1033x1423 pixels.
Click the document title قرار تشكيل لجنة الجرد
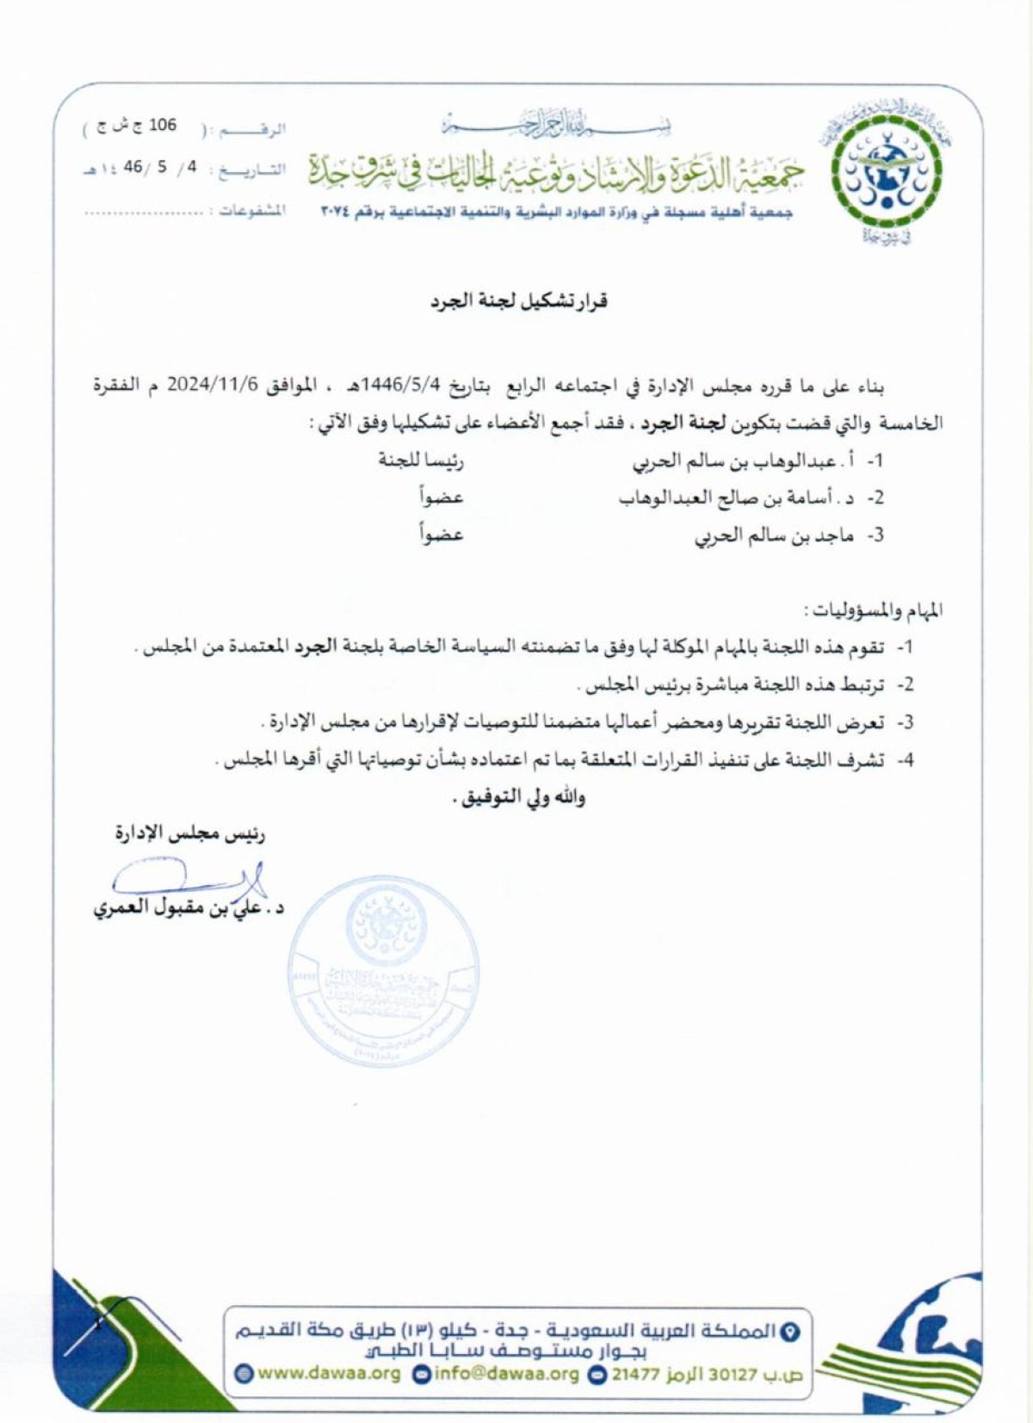tap(520, 301)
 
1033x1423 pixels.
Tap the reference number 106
tap(162, 126)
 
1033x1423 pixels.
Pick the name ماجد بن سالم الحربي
tap(774, 535)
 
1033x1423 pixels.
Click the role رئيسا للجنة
tap(421, 461)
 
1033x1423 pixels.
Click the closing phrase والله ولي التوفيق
tap(518, 797)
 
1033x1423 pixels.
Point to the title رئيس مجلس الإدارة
tap(190, 833)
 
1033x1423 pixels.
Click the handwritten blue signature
tap(189, 880)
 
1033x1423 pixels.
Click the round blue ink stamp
tap(384, 971)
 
